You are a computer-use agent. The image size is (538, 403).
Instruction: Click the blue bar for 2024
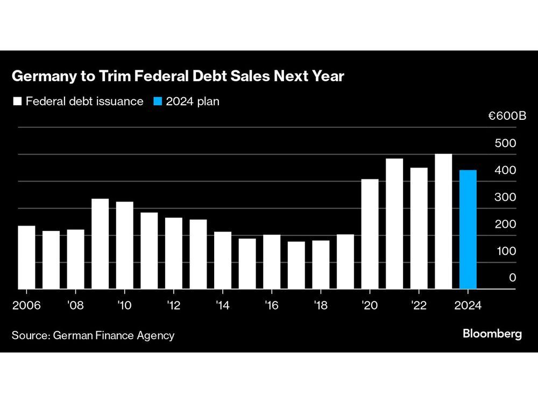(468, 229)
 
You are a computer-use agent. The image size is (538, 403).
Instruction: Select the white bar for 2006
(26, 257)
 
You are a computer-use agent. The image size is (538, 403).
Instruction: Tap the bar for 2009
(100, 244)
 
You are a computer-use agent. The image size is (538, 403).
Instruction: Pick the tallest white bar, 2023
(443, 221)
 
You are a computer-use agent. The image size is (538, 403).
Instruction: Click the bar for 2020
(370, 234)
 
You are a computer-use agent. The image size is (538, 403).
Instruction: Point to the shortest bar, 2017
(296, 265)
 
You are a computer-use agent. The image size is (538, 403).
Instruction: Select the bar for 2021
(394, 224)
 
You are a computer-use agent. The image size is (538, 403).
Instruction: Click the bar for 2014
(223, 261)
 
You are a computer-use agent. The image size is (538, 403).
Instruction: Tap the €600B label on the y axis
(507, 117)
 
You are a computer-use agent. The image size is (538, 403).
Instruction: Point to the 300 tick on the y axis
(505, 197)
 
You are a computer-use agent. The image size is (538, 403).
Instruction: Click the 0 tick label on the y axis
(512, 278)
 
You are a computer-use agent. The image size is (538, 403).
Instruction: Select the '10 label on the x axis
(124, 305)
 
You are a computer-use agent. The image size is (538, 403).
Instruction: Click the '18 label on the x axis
(321, 305)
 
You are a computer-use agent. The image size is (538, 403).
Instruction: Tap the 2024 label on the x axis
(468, 305)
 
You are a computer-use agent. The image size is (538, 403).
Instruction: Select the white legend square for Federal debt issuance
(17, 101)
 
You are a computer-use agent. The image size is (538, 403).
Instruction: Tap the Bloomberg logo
(492, 334)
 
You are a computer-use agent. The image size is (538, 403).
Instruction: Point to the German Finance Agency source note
(93, 335)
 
